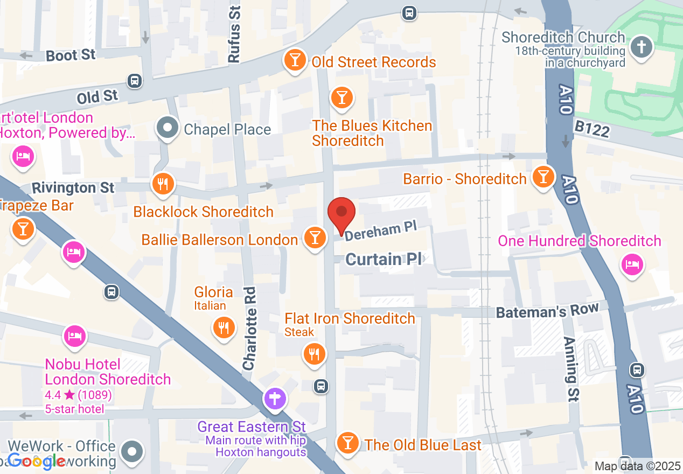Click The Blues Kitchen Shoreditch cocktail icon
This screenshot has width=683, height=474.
pos(341,98)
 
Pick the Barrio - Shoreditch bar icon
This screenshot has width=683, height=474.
pos(543,177)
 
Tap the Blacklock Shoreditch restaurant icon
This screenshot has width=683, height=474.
pos(162,184)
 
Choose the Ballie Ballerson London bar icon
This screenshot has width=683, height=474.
pos(315,238)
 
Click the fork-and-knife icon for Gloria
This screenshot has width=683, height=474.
pos(223,327)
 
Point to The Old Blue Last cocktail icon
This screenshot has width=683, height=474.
pos(347,443)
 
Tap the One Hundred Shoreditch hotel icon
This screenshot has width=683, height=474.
pos(631,264)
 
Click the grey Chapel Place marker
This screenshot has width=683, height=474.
pos(168,128)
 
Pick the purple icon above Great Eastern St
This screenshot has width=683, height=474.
pos(275,399)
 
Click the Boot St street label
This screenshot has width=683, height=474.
pos(71,55)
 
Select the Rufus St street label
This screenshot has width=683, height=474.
pos(234,34)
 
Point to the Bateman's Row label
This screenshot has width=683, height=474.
pos(547,311)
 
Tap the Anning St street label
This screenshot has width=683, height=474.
pos(572,369)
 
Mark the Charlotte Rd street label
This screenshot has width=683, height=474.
pos(249,335)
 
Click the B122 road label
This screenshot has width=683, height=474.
pos(592,129)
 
